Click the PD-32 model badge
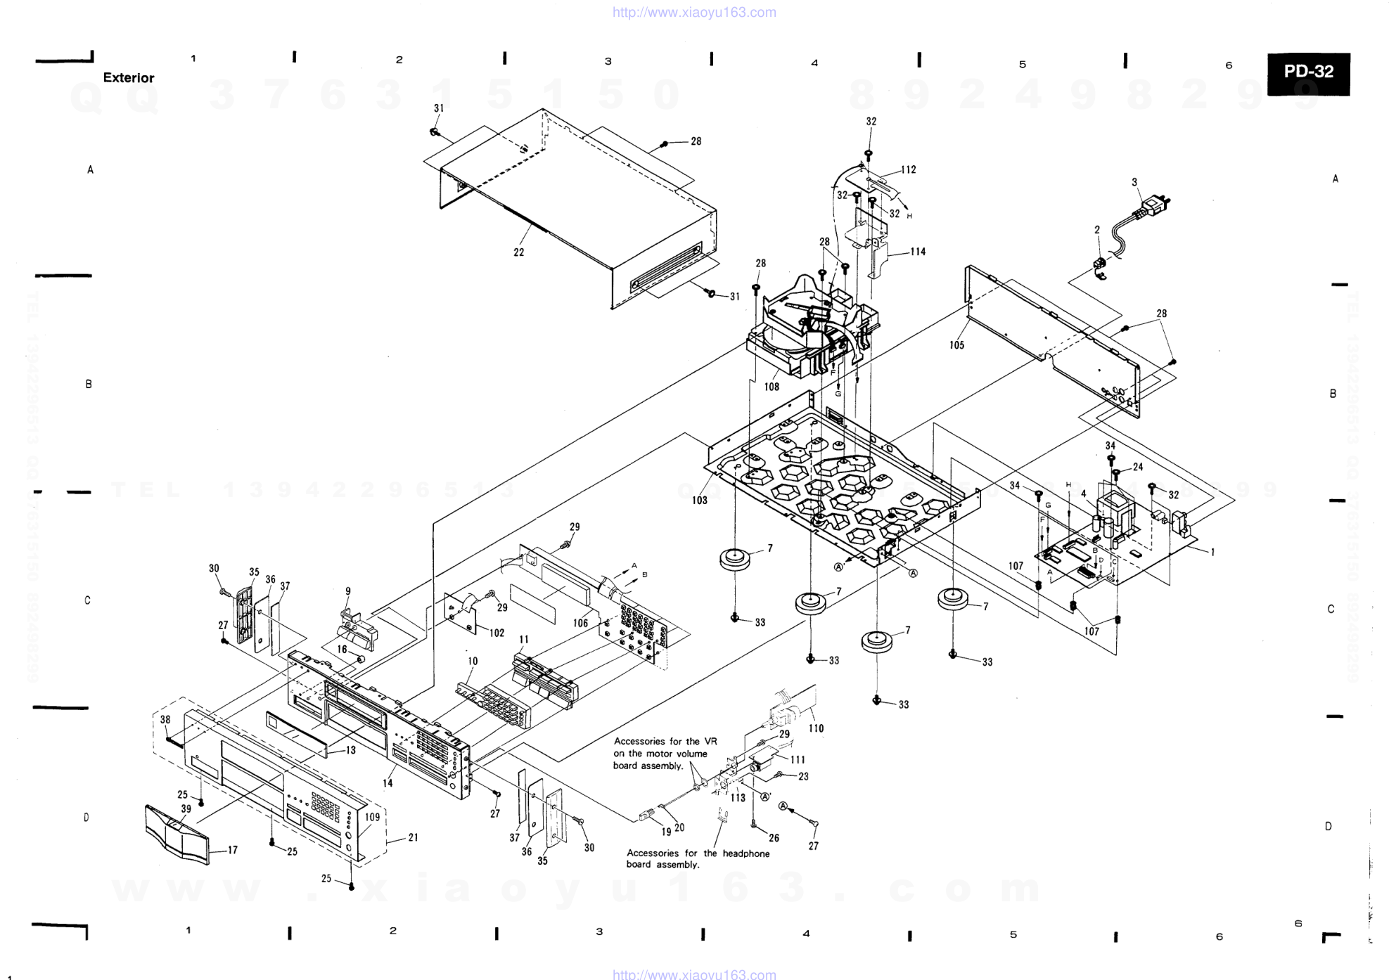click(1308, 72)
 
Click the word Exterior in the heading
click(129, 78)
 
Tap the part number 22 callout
click(518, 252)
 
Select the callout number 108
click(772, 387)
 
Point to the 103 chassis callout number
click(699, 501)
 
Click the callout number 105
click(956, 345)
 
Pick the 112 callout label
click(908, 169)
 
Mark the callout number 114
click(918, 252)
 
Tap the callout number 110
click(816, 728)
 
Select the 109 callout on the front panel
click(372, 817)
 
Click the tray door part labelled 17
click(177, 834)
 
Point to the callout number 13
click(351, 750)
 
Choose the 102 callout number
click(497, 633)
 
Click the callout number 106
click(580, 623)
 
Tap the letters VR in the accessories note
click(710, 741)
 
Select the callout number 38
click(165, 719)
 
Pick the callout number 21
click(413, 837)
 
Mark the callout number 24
click(1138, 467)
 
